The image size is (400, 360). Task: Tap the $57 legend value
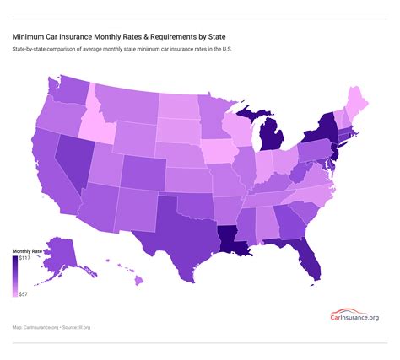24,294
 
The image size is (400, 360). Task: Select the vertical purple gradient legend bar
14,277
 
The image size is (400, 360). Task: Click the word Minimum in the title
28,37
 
